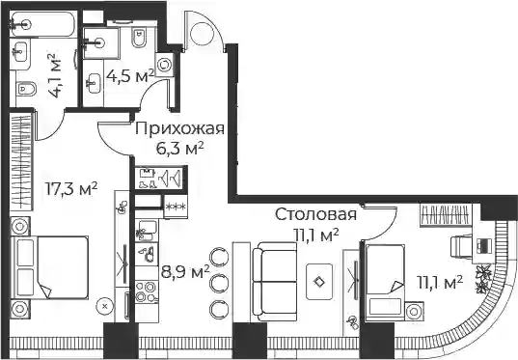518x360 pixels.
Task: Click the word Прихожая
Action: tap(179, 129)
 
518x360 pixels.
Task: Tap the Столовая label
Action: tap(315, 214)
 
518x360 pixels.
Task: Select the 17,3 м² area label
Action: tap(71, 189)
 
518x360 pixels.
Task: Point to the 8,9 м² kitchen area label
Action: tap(185, 272)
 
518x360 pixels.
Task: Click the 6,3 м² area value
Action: tap(179, 149)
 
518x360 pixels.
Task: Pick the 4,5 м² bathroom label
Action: tap(130, 76)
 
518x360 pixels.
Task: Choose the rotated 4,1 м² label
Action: tap(55, 74)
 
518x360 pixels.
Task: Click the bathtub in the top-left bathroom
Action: tap(42, 24)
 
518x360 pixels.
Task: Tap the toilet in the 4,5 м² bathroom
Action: tap(139, 39)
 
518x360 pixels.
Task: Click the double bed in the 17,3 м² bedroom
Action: tap(49, 267)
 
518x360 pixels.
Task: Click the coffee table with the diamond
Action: tap(319, 282)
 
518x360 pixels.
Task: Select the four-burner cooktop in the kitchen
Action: tap(147, 291)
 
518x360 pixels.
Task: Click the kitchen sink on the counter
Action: tap(147, 231)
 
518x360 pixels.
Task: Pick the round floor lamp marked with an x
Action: tap(105, 306)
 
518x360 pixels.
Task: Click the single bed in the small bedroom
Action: tap(385, 283)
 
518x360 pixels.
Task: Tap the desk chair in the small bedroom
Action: tap(461, 246)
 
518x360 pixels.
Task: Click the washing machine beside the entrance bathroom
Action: tap(164, 65)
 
